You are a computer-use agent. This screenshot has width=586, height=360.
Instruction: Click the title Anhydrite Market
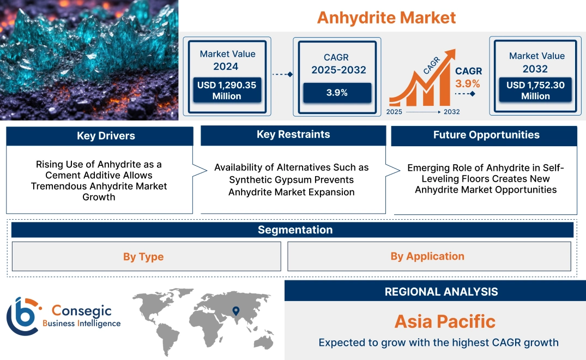[386, 17]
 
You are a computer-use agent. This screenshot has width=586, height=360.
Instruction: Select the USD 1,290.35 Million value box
[226, 90]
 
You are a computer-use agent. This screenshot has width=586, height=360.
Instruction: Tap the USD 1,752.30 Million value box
[535, 90]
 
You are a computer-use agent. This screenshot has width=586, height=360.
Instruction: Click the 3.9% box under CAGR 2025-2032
[337, 92]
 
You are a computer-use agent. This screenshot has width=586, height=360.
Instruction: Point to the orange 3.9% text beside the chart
[468, 83]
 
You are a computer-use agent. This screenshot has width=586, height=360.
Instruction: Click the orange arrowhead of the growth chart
[450, 55]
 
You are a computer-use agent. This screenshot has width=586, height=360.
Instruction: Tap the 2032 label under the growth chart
[451, 112]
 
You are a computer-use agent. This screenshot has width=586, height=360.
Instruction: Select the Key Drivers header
[99, 136]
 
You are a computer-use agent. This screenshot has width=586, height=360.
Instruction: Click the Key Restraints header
[293, 135]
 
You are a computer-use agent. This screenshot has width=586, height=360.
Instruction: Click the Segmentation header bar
[295, 230]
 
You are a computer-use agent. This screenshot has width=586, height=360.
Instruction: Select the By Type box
[143, 256]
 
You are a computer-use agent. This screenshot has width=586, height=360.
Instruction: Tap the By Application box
[427, 256]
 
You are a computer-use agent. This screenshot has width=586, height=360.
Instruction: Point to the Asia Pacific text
[445, 321]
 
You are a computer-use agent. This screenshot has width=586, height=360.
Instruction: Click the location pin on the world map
[235, 311]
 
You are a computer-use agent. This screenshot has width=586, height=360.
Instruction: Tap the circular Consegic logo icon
[22, 316]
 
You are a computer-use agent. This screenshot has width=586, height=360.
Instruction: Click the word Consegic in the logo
[81, 311]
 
